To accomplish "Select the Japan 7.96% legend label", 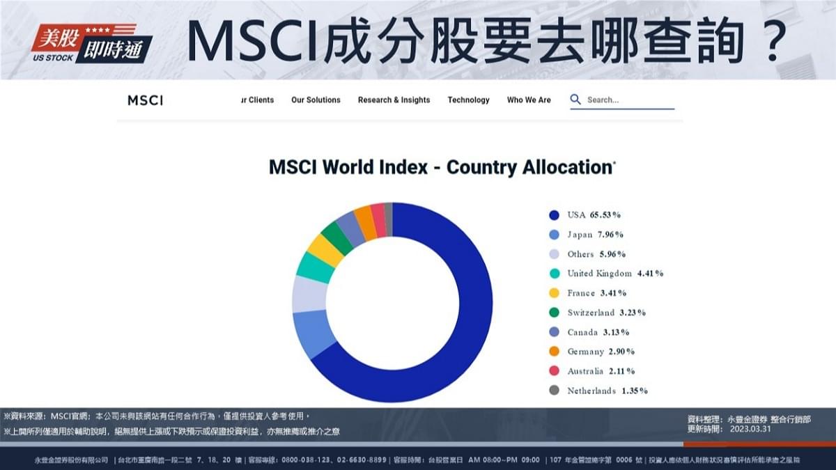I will tap(595, 235).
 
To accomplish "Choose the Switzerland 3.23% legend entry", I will tap(606, 313).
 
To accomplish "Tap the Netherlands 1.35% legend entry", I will tap(607, 391).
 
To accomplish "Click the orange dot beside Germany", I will tap(554, 352).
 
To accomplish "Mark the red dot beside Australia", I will tap(554, 371).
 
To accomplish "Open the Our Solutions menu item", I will tap(316, 100).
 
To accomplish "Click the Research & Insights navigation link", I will tap(394, 100).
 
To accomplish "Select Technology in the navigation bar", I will tap(468, 100).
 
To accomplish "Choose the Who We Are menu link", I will tap(529, 100).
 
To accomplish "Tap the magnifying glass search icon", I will tap(575, 100).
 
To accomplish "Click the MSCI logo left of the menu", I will tap(145, 100).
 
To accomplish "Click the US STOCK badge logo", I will tap(91, 42).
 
